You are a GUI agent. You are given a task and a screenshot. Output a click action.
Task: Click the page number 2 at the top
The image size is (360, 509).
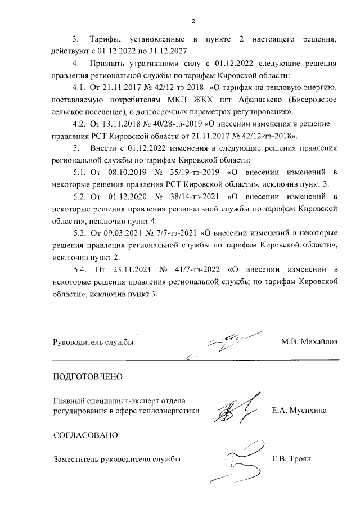[x=193, y=21]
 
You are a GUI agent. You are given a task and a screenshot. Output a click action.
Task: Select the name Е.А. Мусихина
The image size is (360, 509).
[x=299, y=411]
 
